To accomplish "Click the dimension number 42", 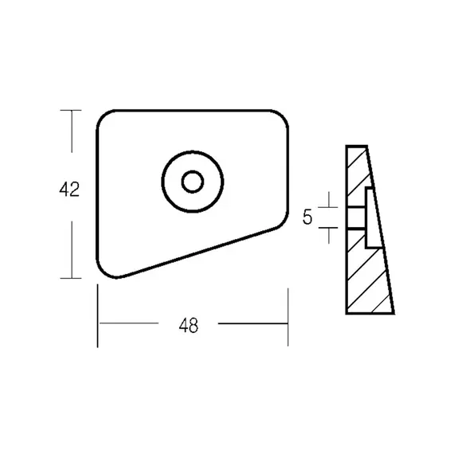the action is (x=69, y=190).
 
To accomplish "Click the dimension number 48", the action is (x=189, y=325).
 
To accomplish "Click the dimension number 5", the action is (x=307, y=217).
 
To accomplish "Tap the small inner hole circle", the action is (x=193, y=182).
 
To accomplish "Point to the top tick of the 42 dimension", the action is (x=71, y=111).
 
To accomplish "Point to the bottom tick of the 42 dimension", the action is (x=71, y=278).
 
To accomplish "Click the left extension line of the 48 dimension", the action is (x=98, y=315).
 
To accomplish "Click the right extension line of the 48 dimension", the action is (x=288, y=317).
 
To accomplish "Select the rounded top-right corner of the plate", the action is (x=283, y=115).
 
